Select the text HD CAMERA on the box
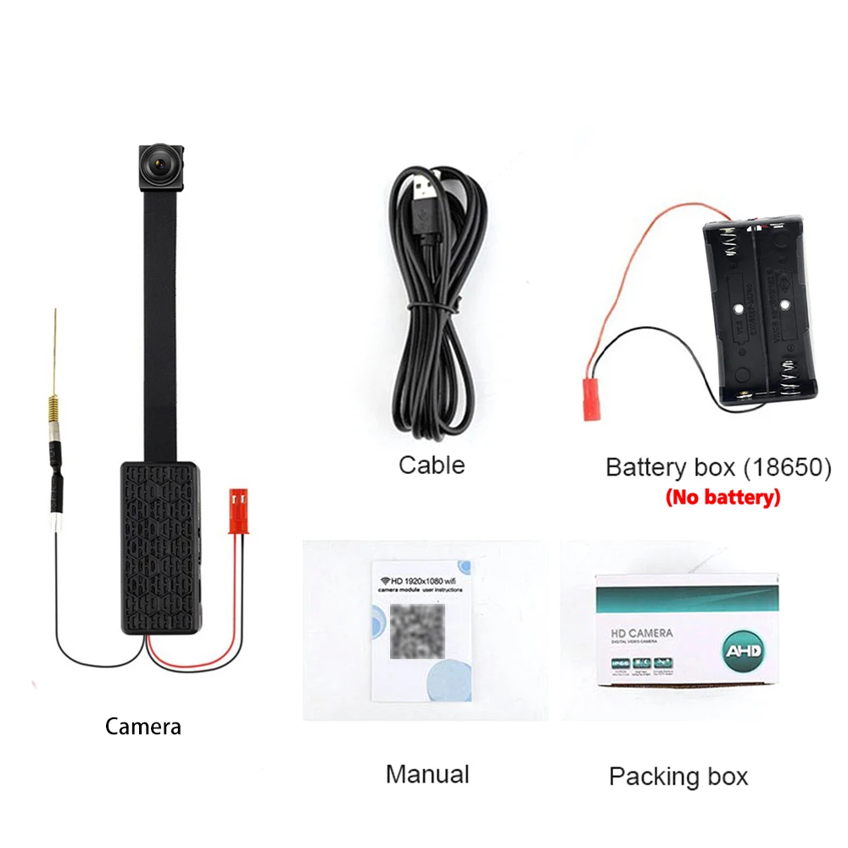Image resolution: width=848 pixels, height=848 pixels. point(636,633)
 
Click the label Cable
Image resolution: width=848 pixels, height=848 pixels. point(432,465)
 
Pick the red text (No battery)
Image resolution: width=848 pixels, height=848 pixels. point(722,498)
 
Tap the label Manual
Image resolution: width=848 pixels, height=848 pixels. point(427,773)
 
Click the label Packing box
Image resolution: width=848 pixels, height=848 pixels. point(678,776)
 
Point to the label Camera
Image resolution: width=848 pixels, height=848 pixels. point(142,726)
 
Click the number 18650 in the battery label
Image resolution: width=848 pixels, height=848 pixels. point(787,467)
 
